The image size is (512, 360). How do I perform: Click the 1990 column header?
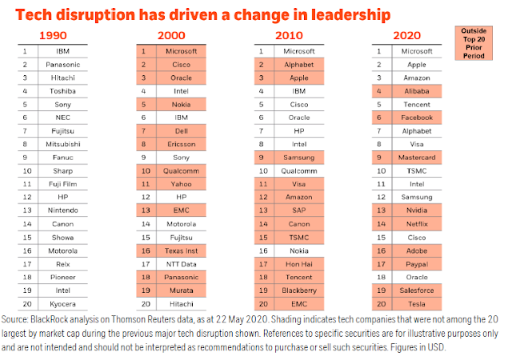click(53, 35)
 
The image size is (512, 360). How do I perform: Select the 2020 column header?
click(406, 35)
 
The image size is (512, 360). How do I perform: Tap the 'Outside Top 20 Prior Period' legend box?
click(474, 43)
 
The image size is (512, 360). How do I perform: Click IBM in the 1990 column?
click(62, 51)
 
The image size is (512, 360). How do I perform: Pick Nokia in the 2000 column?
click(182, 105)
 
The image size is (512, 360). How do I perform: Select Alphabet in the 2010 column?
click(298, 65)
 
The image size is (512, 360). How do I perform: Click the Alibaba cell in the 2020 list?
click(417, 91)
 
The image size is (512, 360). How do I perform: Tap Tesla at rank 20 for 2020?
click(417, 304)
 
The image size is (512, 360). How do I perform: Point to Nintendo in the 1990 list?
click(62, 210)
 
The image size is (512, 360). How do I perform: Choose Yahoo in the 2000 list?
click(182, 184)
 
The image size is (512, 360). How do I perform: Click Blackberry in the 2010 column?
click(299, 290)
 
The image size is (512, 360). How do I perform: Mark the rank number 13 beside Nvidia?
click(382, 210)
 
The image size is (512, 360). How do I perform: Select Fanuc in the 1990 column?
click(62, 158)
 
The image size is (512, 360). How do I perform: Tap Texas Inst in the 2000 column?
click(182, 251)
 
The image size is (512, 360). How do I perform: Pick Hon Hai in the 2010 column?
click(299, 264)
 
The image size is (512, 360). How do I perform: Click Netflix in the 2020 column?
click(417, 224)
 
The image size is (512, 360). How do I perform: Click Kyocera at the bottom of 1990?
click(62, 304)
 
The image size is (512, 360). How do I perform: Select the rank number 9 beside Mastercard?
click(379, 158)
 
